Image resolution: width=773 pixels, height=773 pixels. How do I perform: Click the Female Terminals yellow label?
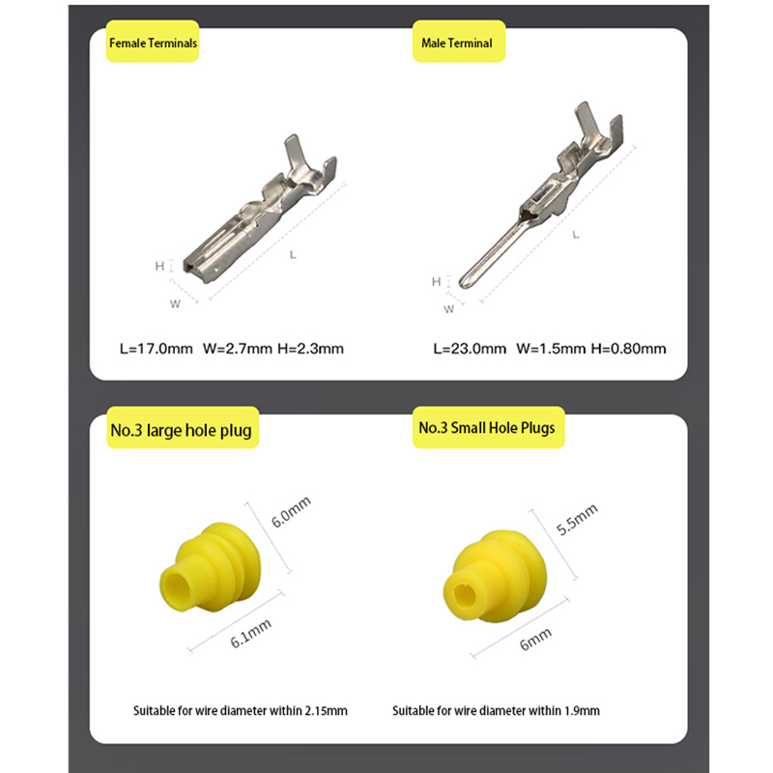pos(154,43)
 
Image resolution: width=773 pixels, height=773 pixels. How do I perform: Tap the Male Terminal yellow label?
pos(457,43)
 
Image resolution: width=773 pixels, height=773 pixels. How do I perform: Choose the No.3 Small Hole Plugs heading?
pos(487,427)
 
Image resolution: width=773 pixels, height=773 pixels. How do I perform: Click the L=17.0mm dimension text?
pos(157,348)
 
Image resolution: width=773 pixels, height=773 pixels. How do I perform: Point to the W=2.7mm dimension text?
pos(237,348)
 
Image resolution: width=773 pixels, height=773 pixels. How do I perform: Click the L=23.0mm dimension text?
pos(470,348)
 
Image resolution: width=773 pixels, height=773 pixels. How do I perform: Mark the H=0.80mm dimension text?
pos(629,348)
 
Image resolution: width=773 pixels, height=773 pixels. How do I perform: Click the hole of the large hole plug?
pos(179,585)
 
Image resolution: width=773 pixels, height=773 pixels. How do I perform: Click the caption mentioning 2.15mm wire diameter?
pos(241,711)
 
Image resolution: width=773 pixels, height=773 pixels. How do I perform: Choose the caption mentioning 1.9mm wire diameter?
pos(496,711)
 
